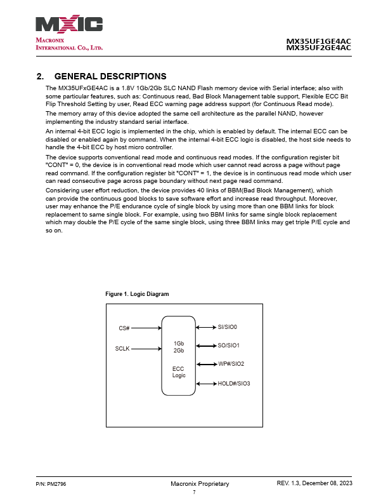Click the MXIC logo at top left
pos(69,25)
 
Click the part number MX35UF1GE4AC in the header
pos(319,41)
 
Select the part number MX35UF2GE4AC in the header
pos(319,48)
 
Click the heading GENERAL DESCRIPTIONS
pos(110,77)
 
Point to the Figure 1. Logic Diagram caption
pos(137,294)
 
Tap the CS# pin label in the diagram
pos(124,328)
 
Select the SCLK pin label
pos(122,348)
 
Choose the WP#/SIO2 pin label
pos(231,364)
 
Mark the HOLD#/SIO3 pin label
pos(234,383)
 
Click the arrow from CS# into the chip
pos(146,328)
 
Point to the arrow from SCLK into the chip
pos(146,348)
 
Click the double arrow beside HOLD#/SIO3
pos(207,383)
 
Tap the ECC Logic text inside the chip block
pos(179,372)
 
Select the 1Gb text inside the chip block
pos(179,343)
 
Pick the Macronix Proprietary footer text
pos(200,484)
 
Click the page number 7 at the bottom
pos(194,492)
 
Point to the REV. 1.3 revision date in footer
pos(314,484)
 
